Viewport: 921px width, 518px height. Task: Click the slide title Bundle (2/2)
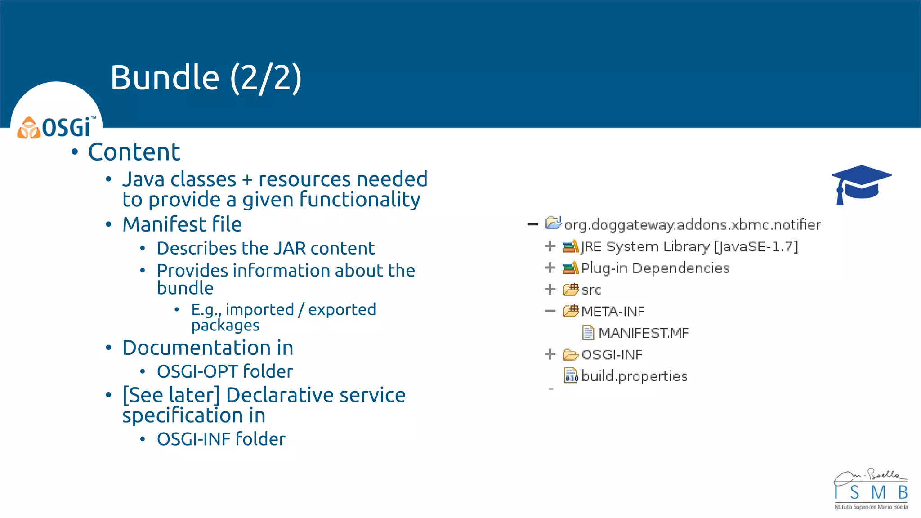click(206, 77)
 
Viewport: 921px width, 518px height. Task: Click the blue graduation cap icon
click(861, 184)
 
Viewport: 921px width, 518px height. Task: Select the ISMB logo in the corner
click(871, 490)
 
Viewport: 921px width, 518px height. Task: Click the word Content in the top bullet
click(134, 152)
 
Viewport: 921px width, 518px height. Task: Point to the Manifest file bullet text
click(182, 224)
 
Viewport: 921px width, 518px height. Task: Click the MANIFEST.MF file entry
click(643, 333)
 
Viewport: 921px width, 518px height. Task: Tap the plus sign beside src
click(550, 289)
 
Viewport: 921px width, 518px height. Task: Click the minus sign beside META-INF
click(550, 311)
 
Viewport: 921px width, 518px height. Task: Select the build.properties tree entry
click(634, 376)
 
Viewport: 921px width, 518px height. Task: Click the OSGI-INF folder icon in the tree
click(571, 355)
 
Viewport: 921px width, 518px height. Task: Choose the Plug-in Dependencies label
click(655, 268)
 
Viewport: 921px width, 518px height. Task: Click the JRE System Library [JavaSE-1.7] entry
click(689, 246)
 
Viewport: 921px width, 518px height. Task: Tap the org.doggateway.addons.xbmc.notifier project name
click(693, 224)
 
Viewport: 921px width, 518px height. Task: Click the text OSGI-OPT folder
click(225, 371)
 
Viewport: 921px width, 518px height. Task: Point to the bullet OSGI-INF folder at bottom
click(221, 439)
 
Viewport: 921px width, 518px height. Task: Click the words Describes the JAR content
click(265, 248)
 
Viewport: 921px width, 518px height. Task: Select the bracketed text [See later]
click(171, 395)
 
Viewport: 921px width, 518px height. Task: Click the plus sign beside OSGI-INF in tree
click(550, 354)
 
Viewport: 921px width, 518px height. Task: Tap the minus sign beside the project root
click(532, 224)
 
